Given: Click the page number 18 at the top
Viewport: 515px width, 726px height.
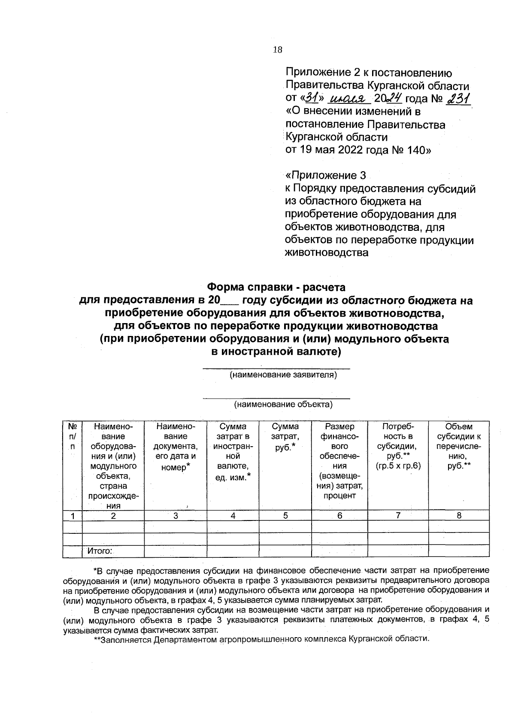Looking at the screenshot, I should coord(277,50).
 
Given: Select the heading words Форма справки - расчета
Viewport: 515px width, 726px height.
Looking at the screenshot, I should coord(276,286).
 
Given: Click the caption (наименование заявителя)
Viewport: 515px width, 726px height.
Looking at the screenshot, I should coord(283,375).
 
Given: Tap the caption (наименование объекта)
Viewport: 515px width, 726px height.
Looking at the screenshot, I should coord(283,404).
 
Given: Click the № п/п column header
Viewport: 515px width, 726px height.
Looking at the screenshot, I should coord(73,436).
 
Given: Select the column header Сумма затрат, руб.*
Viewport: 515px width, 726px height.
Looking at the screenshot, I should coord(285,437).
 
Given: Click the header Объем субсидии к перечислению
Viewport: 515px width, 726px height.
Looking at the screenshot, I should coord(459,446).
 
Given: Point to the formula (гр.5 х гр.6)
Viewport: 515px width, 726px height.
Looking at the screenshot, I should coord(398,466).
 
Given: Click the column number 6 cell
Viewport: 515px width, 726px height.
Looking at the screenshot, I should coord(339,516).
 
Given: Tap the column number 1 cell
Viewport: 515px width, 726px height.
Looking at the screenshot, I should coord(73,516).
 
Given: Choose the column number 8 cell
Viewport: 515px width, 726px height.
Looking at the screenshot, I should coord(459,516).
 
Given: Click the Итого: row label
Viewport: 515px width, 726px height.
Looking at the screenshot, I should coord(100,551).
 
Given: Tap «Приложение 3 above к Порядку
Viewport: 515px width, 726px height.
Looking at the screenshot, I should coord(326,175).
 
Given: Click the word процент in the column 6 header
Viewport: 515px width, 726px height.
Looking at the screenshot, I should coord(339,496).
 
